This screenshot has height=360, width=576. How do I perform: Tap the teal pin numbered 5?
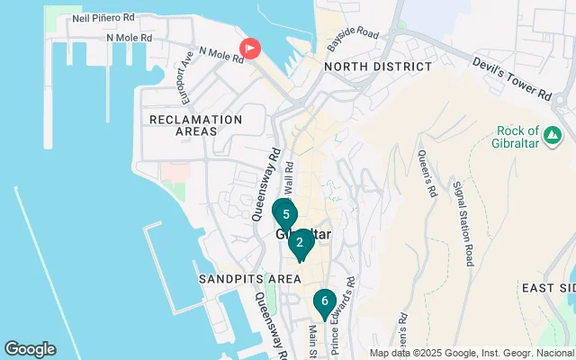click(x=285, y=215)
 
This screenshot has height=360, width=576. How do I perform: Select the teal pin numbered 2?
click(x=300, y=242)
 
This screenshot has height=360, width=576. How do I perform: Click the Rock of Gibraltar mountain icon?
click(x=553, y=135)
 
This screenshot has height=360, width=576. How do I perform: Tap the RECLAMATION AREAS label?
click(x=196, y=125)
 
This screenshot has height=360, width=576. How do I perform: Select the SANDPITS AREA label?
click(x=249, y=279)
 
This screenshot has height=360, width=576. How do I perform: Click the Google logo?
click(x=30, y=349)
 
